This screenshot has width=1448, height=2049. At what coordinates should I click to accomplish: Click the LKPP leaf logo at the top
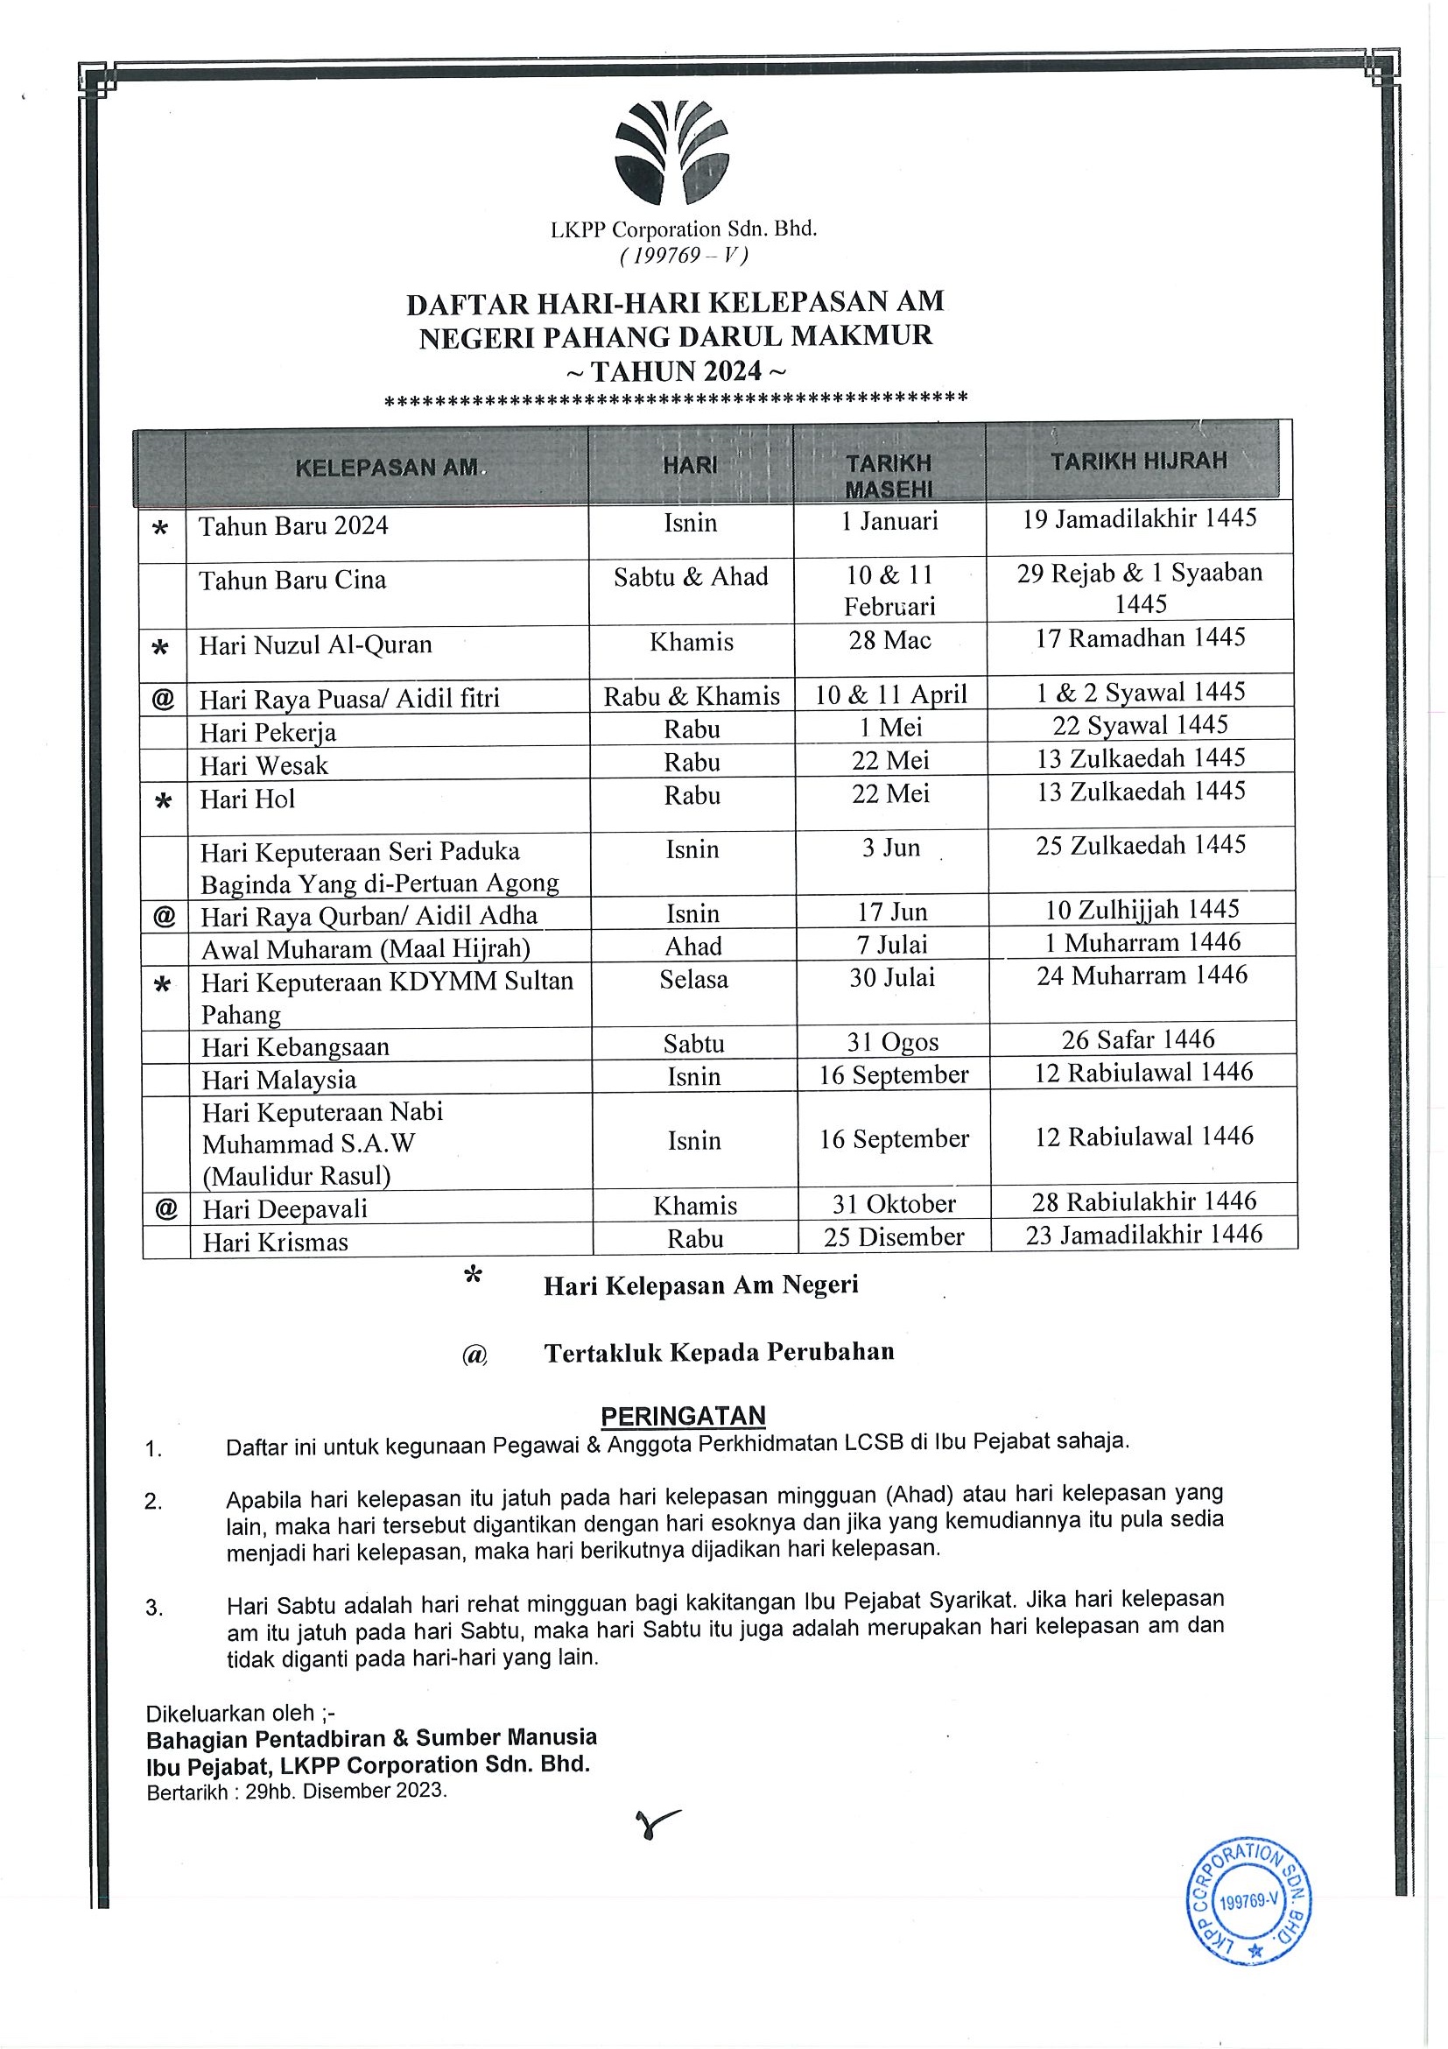(x=671, y=151)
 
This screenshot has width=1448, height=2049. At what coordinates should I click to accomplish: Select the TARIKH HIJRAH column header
(x=1138, y=461)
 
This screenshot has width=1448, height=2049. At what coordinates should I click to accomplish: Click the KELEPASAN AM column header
(x=386, y=468)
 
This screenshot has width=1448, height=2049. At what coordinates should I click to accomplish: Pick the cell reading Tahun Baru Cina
(x=292, y=580)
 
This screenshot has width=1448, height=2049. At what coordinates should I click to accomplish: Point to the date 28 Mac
(x=889, y=640)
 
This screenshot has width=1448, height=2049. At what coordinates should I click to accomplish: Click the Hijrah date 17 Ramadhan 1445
(x=1139, y=637)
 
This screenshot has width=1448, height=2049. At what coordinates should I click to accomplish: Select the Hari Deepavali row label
(x=285, y=1208)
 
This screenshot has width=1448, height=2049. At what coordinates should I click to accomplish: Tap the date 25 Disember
(x=894, y=1236)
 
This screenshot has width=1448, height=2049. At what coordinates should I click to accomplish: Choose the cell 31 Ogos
(x=893, y=1041)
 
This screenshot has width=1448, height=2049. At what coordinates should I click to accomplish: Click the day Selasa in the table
(x=693, y=979)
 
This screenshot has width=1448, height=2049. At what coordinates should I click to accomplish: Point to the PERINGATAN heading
(x=683, y=1415)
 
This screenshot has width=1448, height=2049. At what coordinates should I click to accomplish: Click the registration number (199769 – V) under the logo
(x=684, y=255)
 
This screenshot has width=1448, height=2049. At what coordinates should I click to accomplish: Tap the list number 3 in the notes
(x=153, y=1608)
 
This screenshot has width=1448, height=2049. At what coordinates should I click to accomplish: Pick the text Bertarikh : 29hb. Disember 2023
(x=296, y=1790)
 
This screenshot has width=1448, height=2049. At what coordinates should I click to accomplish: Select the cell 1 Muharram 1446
(x=1142, y=942)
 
